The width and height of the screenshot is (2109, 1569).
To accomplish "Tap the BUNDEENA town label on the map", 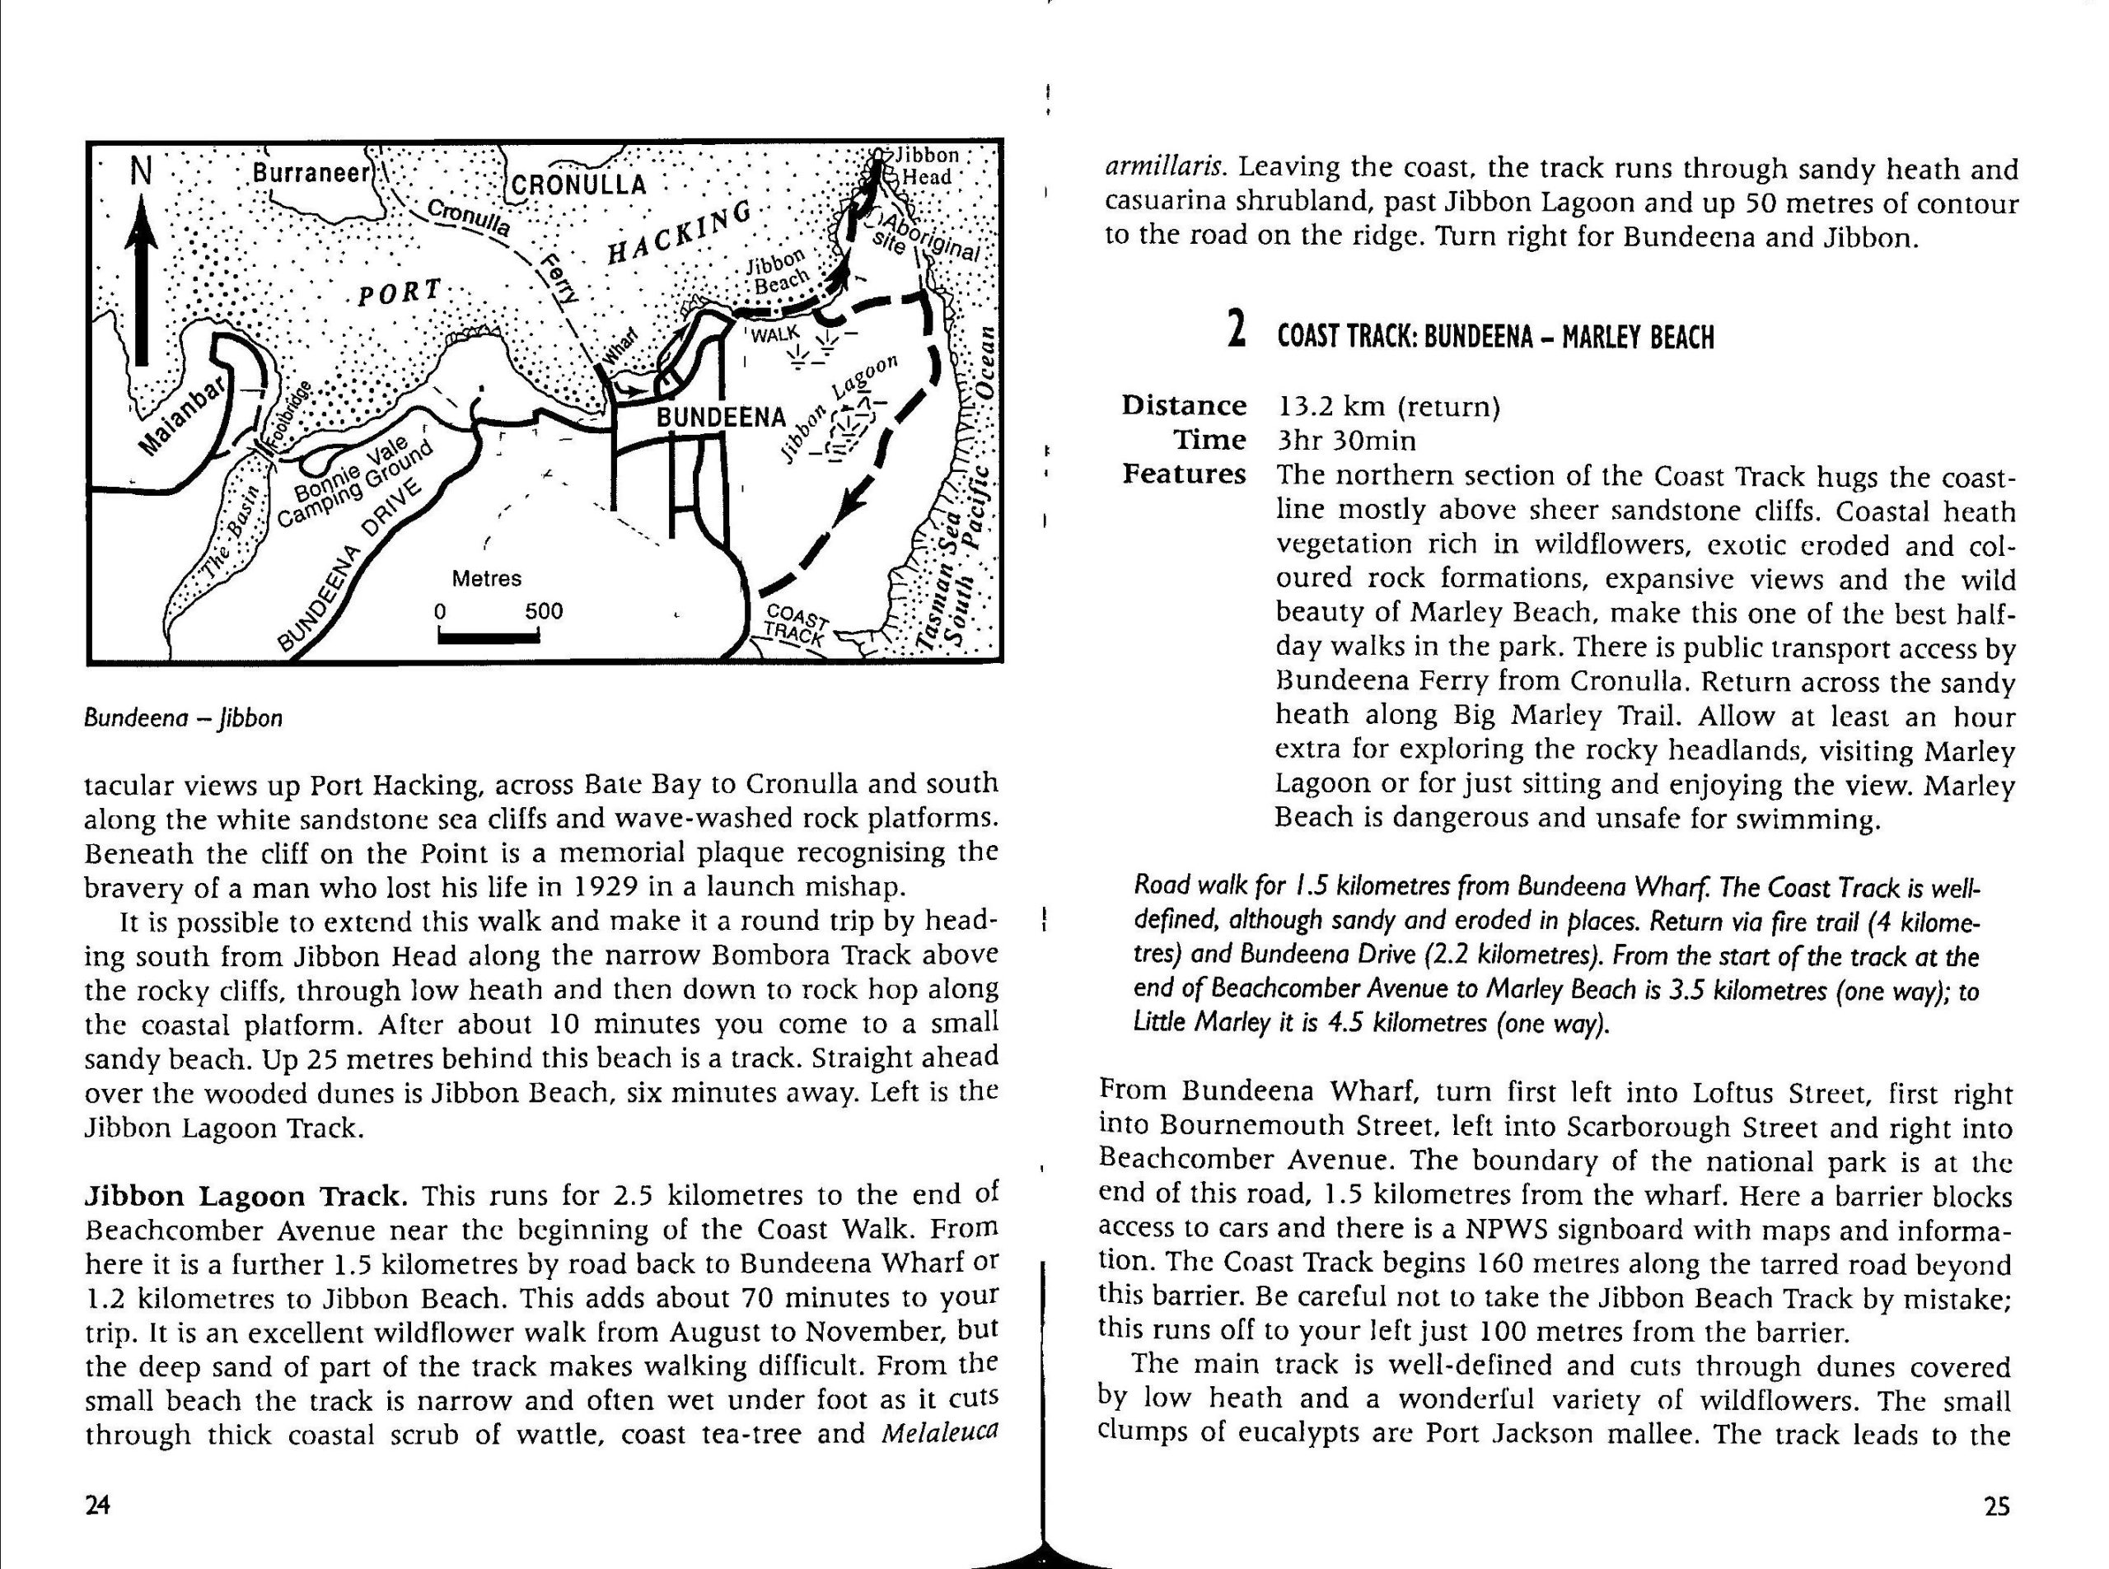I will click(x=722, y=417).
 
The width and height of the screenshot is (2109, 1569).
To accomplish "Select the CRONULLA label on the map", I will click(x=578, y=184).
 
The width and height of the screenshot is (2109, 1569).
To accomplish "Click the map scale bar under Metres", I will click(x=489, y=637).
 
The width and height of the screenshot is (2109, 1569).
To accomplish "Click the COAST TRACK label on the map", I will click(x=793, y=624).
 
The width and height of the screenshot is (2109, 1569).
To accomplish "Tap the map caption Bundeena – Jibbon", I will click(x=184, y=718).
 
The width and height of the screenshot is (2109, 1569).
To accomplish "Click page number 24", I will click(x=98, y=1505).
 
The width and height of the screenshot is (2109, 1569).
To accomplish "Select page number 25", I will click(x=1996, y=1506).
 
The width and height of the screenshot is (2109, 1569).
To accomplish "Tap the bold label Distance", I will click(x=1184, y=405).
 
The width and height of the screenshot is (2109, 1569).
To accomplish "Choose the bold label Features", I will click(x=1184, y=473).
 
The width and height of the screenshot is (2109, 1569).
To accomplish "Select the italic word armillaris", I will click(x=1165, y=168).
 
